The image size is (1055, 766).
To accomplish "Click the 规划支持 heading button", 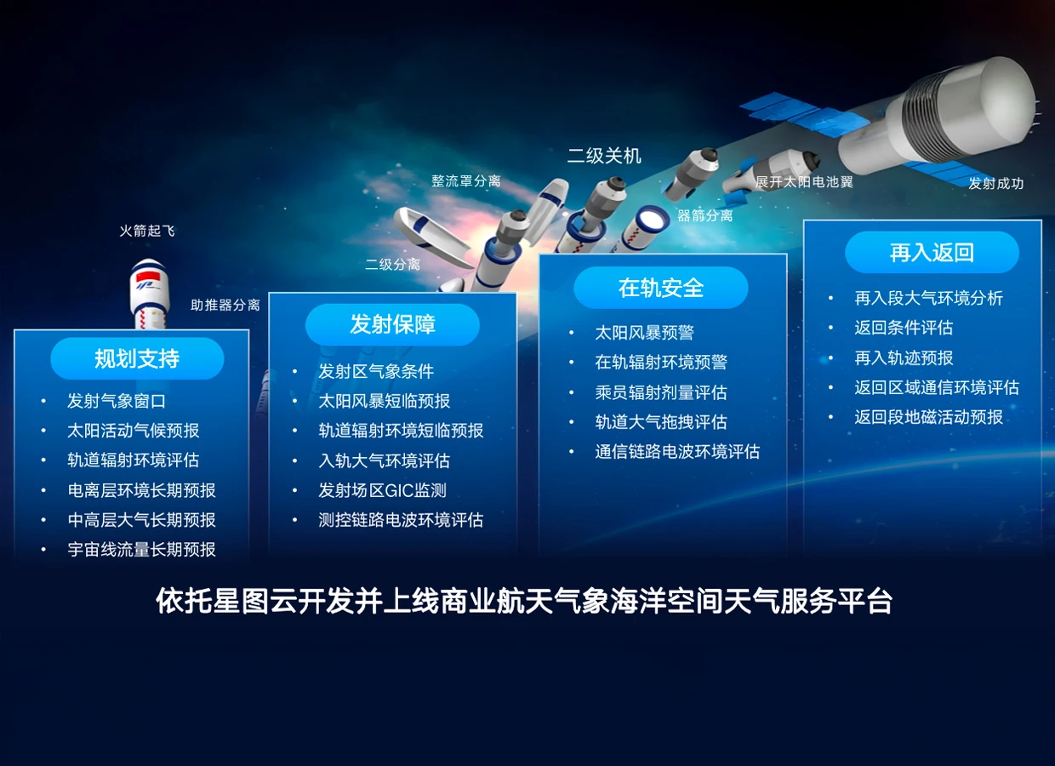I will tap(137, 358).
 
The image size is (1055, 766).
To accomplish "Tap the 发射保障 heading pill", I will tap(392, 324).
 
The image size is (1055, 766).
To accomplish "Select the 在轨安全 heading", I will tap(661, 288).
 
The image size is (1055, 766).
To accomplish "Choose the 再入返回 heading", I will tap(932, 252).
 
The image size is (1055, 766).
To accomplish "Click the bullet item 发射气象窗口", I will tap(117, 401).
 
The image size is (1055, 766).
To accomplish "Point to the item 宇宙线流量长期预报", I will tap(141, 550).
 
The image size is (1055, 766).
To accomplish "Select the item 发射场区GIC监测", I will tap(382, 490).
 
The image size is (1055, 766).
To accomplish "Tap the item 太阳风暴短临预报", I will tap(384, 401).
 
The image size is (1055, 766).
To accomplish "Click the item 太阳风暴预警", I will tap(644, 333).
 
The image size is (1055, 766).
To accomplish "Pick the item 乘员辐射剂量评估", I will tap(660, 392).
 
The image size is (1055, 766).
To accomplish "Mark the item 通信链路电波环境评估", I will tap(677, 452).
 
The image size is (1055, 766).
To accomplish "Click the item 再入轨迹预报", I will tap(904, 357).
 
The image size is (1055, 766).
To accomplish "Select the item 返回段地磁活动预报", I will tap(928, 417).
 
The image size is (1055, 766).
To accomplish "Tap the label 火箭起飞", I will tap(147, 231).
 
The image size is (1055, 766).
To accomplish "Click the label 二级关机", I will tap(604, 156).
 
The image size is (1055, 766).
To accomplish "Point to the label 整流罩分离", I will tap(465, 181).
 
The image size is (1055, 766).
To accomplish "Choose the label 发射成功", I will tap(995, 184).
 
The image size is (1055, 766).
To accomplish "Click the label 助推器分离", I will tap(225, 305).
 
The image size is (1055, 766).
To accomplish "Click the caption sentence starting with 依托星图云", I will tap(524, 602).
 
